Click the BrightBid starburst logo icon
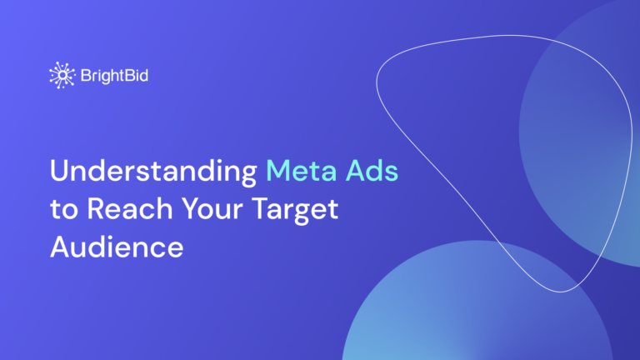62,75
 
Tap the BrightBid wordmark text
114,76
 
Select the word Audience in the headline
117,247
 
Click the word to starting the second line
62,211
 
